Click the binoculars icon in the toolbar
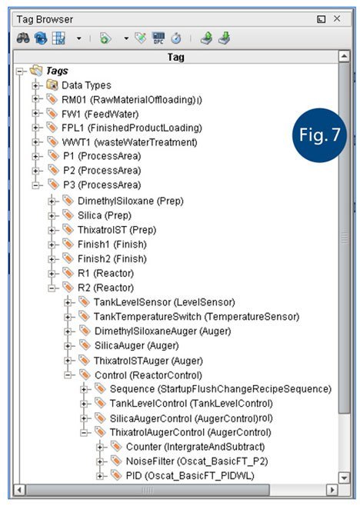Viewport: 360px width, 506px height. tap(23, 38)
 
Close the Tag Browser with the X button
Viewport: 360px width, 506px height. tap(337, 18)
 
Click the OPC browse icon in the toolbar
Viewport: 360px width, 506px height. tap(158, 38)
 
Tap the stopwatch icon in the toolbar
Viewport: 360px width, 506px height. tap(176, 38)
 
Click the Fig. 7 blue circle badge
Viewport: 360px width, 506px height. tap(319, 135)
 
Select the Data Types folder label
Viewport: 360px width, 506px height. tap(86, 85)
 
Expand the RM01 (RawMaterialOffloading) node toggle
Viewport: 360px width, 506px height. tap(36, 99)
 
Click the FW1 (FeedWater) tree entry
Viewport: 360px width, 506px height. tap(100, 114)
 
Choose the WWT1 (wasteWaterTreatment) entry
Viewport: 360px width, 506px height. tap(129, 142)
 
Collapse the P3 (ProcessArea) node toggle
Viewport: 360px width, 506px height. tap(36, 185)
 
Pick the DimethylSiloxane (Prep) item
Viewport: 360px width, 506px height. tap(131, 201)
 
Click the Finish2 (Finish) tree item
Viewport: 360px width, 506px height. tap(112, 259)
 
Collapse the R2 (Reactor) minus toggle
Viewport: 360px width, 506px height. tap(52, 288)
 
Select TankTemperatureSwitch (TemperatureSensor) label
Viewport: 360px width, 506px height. tap(196, 317)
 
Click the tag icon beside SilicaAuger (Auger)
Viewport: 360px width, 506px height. tap(85, 345)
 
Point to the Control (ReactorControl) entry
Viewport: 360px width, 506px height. tap(148, 375)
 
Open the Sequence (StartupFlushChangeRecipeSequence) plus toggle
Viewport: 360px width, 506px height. tap(84, 390)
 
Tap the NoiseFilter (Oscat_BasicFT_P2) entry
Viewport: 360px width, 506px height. tap(197, 461)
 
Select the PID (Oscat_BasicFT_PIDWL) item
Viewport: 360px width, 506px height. tap(190, 476)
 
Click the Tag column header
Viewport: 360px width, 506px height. tap(175, 57)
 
